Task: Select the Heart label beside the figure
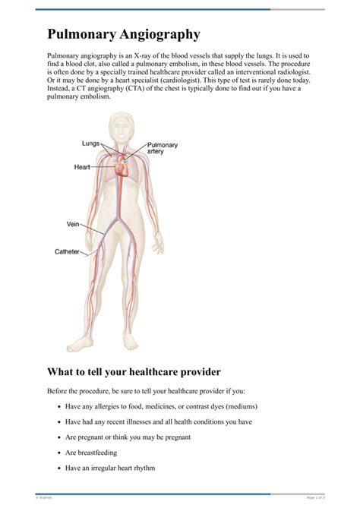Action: click(83, 166)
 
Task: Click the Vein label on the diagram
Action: click(73, 224)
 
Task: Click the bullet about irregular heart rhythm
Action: click(110, 468)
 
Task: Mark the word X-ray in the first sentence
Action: click(136, 56)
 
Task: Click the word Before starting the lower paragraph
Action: click(59, 391)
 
